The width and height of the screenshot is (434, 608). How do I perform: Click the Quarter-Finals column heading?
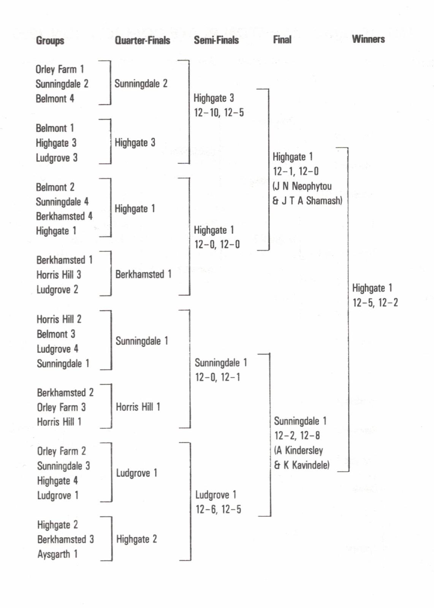coord(142,40)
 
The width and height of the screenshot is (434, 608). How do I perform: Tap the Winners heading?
coord(368,39)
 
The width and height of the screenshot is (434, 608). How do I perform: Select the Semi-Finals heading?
coord(216,40)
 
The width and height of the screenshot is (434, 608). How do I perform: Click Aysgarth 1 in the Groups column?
coord(57,554)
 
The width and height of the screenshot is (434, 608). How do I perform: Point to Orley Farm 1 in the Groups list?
coord(60,69)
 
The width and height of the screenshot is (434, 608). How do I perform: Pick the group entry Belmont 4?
coord(55,98)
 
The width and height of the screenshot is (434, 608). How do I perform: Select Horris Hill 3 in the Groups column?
coord(59,275)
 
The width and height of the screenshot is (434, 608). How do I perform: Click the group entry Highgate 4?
coord(57,481)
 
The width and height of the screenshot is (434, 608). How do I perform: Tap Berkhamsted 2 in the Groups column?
coord(65,392)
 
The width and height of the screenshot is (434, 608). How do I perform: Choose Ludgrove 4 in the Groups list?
coord(57,349)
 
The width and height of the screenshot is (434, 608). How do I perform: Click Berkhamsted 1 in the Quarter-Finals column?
coord(143,274)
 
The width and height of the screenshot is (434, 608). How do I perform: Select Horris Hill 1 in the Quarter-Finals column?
coord(138,407)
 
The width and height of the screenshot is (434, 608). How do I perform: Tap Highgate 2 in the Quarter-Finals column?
coord(136,539)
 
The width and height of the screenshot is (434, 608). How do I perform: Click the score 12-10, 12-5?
coord(219,113)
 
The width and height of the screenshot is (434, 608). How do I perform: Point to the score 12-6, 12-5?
coord(218,510)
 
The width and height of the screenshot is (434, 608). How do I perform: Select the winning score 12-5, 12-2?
coord(375,303)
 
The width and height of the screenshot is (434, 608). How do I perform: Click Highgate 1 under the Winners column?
coord(372,288)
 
